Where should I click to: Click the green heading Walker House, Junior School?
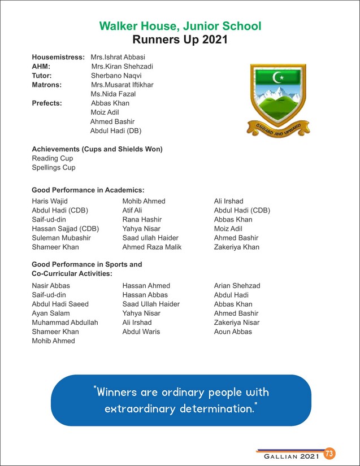[180, 26]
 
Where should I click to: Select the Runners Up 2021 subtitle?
[180, 40]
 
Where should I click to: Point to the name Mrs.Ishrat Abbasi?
[118, 58]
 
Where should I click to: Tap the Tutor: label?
[42, 76]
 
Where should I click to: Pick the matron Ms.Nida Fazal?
[113, 94]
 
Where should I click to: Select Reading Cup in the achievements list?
[53, 159]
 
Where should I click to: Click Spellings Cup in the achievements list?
[54, 168]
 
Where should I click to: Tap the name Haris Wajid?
[50, 201]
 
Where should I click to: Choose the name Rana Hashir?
[142, 219]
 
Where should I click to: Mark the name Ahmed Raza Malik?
[152, 247]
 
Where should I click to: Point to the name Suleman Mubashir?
[61, 238]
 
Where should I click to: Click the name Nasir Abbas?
[51, 286]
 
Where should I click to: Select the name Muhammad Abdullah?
[65, 323]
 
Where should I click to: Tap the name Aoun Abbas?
[233, 332]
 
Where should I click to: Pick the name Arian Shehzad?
[237, 286]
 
